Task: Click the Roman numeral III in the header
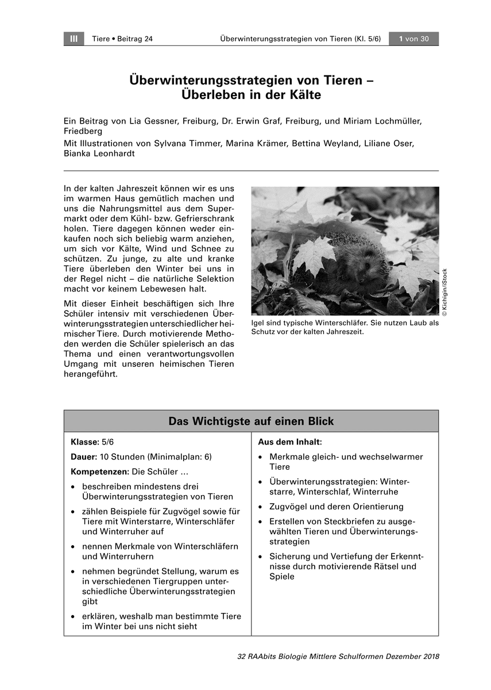click(x=74, y=39)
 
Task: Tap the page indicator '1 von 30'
click(x=413, y=39)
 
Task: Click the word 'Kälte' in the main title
click(x=303, y=95)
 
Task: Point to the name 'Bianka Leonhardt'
click(x=99, y=154)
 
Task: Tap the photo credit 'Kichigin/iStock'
click(x=444, y=292)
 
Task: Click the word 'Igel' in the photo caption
click(x=258, y=323)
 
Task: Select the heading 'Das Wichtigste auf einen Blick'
click(x=251, y=421)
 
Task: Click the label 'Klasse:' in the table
click(x=84, y=442)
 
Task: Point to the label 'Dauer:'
click(x=83, y=457)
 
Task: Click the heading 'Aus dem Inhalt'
click(x=289, y=442)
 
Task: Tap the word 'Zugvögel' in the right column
click(x=287, y=507)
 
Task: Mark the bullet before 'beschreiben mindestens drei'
click(x=74, y=486)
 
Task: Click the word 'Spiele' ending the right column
click(x=281, y=577)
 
